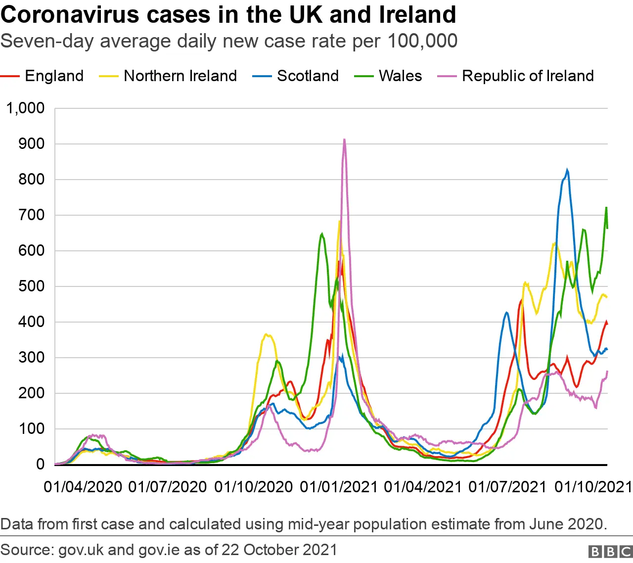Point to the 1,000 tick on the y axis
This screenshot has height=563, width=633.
25,108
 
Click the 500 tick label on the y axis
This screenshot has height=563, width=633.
32,286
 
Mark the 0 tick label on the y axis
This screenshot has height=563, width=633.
40,465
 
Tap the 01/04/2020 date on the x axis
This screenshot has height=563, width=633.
83,487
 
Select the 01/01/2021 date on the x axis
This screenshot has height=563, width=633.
339,487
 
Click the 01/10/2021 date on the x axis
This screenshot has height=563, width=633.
593,487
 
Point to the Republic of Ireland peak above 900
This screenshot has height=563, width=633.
344,140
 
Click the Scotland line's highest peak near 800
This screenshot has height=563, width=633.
567,170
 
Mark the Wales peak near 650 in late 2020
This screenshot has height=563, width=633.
322,234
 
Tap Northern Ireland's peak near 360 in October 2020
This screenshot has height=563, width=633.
266,334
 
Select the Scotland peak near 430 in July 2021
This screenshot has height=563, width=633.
506,312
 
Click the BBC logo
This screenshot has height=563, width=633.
610,552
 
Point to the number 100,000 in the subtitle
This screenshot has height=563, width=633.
422,41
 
